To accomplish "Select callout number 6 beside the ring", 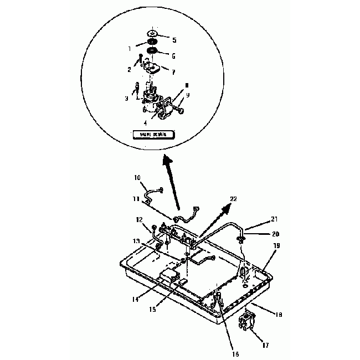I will click(x=174, y=56).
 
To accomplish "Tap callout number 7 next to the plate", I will click(x=174, y=72).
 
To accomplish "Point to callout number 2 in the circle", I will click(x=129, y=69).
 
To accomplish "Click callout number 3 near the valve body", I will click(x=127, y=98).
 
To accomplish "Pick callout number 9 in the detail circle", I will click(x=188, y=95).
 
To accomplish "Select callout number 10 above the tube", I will click(x=137, y=178).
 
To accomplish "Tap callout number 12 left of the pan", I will click(x=140, y=220).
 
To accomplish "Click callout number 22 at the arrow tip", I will click(x=233, y=199).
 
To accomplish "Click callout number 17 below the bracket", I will click(x=266, y=345).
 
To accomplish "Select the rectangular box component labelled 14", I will click(x=169, y=275).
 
